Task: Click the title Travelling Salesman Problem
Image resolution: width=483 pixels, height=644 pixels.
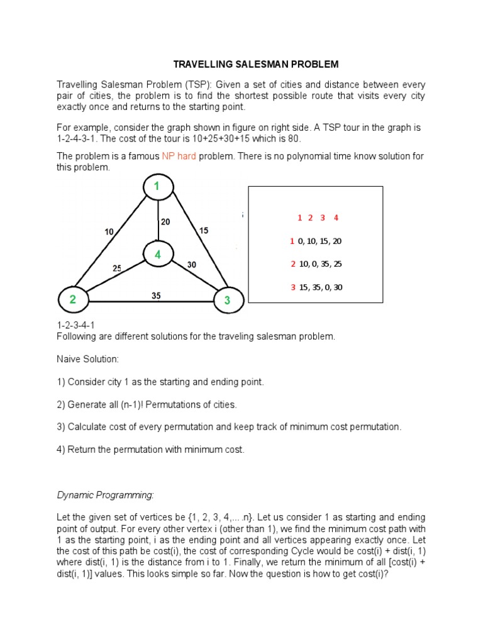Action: (x=256, y=64)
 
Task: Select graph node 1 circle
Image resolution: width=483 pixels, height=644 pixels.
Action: (x=158, y=186)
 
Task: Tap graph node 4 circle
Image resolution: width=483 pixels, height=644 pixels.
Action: (x=158, y=255)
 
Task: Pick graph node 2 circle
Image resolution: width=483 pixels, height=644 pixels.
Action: (x=73, y=300)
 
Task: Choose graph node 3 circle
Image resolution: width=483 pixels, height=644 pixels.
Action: (x=227, y=301)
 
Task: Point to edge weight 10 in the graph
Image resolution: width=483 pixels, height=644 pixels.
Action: (x=109, y=231)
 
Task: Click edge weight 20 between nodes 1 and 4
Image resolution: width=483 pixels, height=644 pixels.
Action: (x=165, y=221)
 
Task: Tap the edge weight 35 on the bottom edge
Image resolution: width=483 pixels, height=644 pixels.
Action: (x=156, y=295)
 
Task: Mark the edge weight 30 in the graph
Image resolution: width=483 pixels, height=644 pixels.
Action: (x=192, y=265)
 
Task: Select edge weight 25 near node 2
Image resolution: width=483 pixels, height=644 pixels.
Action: (x=117, y=269)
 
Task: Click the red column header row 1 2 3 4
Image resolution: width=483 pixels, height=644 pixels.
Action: (x=318, y=218)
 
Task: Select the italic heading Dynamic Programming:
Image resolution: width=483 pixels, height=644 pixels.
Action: (x=105, y=495)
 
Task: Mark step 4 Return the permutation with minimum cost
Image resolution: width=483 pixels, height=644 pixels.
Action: (x=150, y=450)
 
